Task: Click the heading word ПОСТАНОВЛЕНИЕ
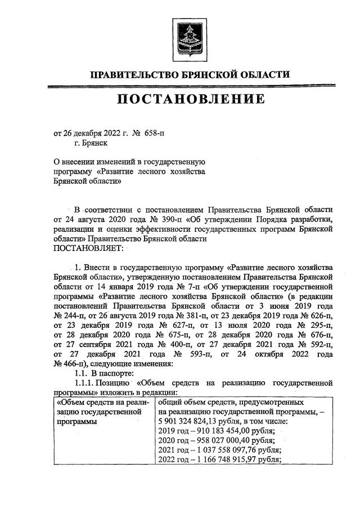pyautogui.click(x=191, y=100)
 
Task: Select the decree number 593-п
pyautogui.click(x=200, y=355)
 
